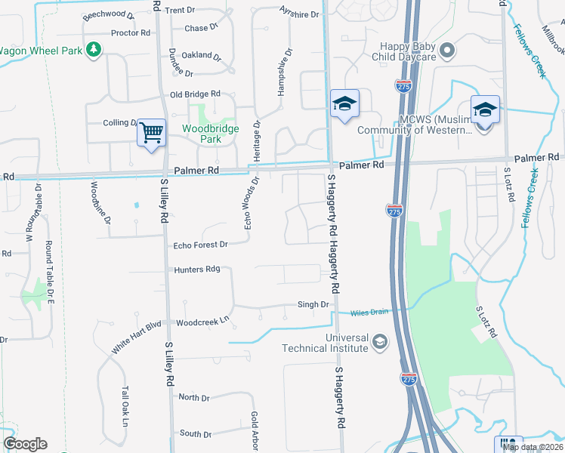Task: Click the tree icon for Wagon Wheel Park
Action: (93, 50)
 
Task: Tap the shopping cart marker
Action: (151, 133)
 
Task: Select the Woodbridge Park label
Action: (210, 134)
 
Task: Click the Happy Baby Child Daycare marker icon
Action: (447, 51)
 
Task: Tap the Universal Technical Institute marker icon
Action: (380, 343)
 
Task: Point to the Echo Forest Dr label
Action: (200, 245)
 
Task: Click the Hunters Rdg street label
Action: (196, 270)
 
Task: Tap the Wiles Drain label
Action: (369, 313)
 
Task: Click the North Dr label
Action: (194, 397)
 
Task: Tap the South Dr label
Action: (196, 434)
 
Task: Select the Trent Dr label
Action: (180, 11)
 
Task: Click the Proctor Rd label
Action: (130, 33)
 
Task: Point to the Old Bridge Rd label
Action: (195, 94)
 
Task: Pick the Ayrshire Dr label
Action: (299, 14)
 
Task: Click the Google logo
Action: (26, 444)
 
